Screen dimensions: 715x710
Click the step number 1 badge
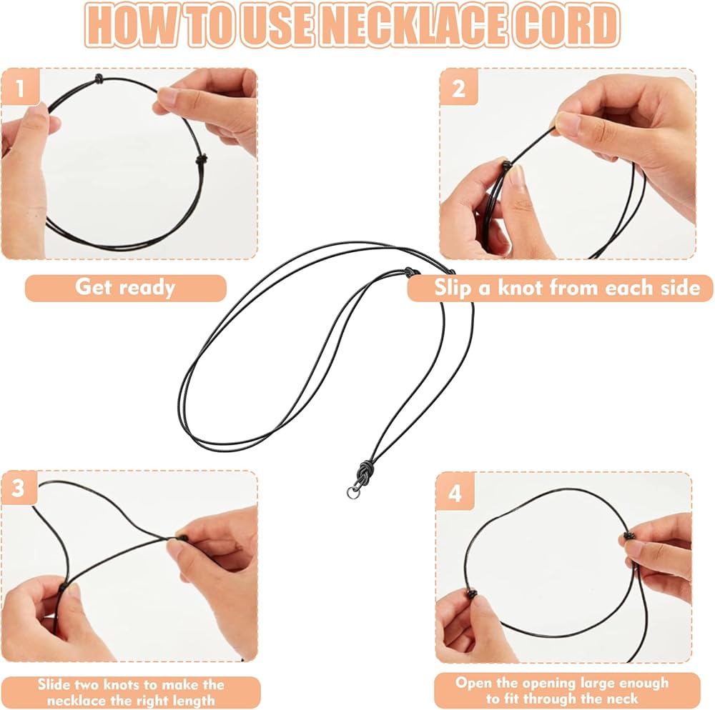[20, 87]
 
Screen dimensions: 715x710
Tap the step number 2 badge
[459, 87]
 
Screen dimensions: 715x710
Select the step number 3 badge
[19, 488]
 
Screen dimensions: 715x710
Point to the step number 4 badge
[455, 492]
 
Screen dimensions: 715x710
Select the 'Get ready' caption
[125, 288]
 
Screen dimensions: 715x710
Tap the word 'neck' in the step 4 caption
[621, 699]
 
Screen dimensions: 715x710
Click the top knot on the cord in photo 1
[99, 79]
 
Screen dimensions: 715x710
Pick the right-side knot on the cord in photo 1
[201, 159]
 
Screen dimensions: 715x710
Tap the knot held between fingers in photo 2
[506, 164]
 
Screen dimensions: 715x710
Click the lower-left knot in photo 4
[471, 594]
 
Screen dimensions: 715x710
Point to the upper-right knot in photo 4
[628, 536]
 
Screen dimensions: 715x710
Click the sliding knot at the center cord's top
[412, 271]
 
